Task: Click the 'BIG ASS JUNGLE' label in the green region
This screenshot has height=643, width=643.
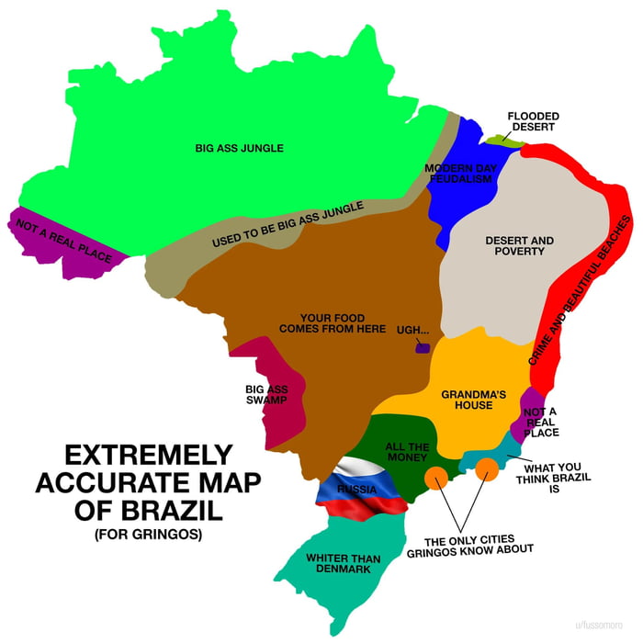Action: pos(239,147)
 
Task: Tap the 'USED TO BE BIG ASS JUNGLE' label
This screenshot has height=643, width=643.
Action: pos(288,224)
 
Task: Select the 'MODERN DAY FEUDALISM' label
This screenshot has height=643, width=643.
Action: pos(460,173)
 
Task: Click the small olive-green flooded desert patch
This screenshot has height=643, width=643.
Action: pos(498,140)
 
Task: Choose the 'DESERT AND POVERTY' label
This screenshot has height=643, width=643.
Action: pos(519,245)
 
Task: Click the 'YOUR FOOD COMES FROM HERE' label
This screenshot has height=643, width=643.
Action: pos(333,322)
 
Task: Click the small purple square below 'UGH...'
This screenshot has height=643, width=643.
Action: pos(423,347)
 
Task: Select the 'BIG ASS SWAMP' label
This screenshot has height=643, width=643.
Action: pos(266,394)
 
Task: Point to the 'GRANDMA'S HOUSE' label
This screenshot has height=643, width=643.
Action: pos(467,400)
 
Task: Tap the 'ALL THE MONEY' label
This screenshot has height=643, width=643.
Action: pos(407,450)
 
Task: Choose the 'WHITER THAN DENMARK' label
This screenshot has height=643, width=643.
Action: pos(338,563)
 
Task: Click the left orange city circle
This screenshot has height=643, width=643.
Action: pos(435,478)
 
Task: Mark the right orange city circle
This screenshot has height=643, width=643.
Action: pos(487,469)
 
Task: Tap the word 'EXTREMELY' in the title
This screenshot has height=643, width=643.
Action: pos(147,455)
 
